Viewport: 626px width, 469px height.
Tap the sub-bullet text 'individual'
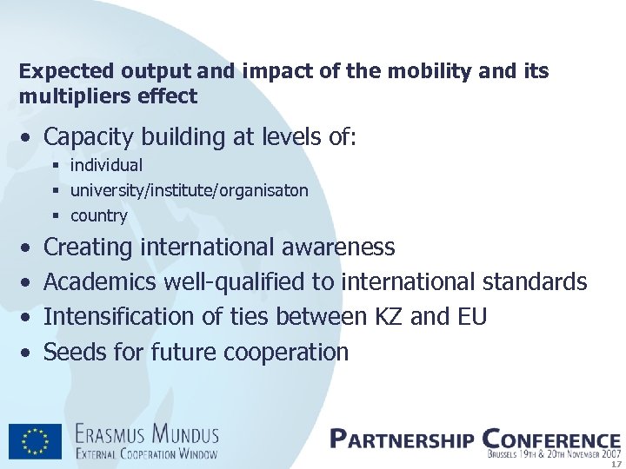[x=106, y=165]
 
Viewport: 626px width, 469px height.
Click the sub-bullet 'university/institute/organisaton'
[x=189, y=190]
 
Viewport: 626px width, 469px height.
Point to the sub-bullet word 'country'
[x=98, y=215]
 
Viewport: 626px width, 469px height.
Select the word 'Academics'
[x=100, y=282]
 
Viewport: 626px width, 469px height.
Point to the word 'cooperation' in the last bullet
[x=286, y=353]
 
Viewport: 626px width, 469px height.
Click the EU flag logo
[x=35, y=441]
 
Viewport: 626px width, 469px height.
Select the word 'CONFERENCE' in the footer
[x=550, y=439]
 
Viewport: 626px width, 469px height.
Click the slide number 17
[x=616, y=464]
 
